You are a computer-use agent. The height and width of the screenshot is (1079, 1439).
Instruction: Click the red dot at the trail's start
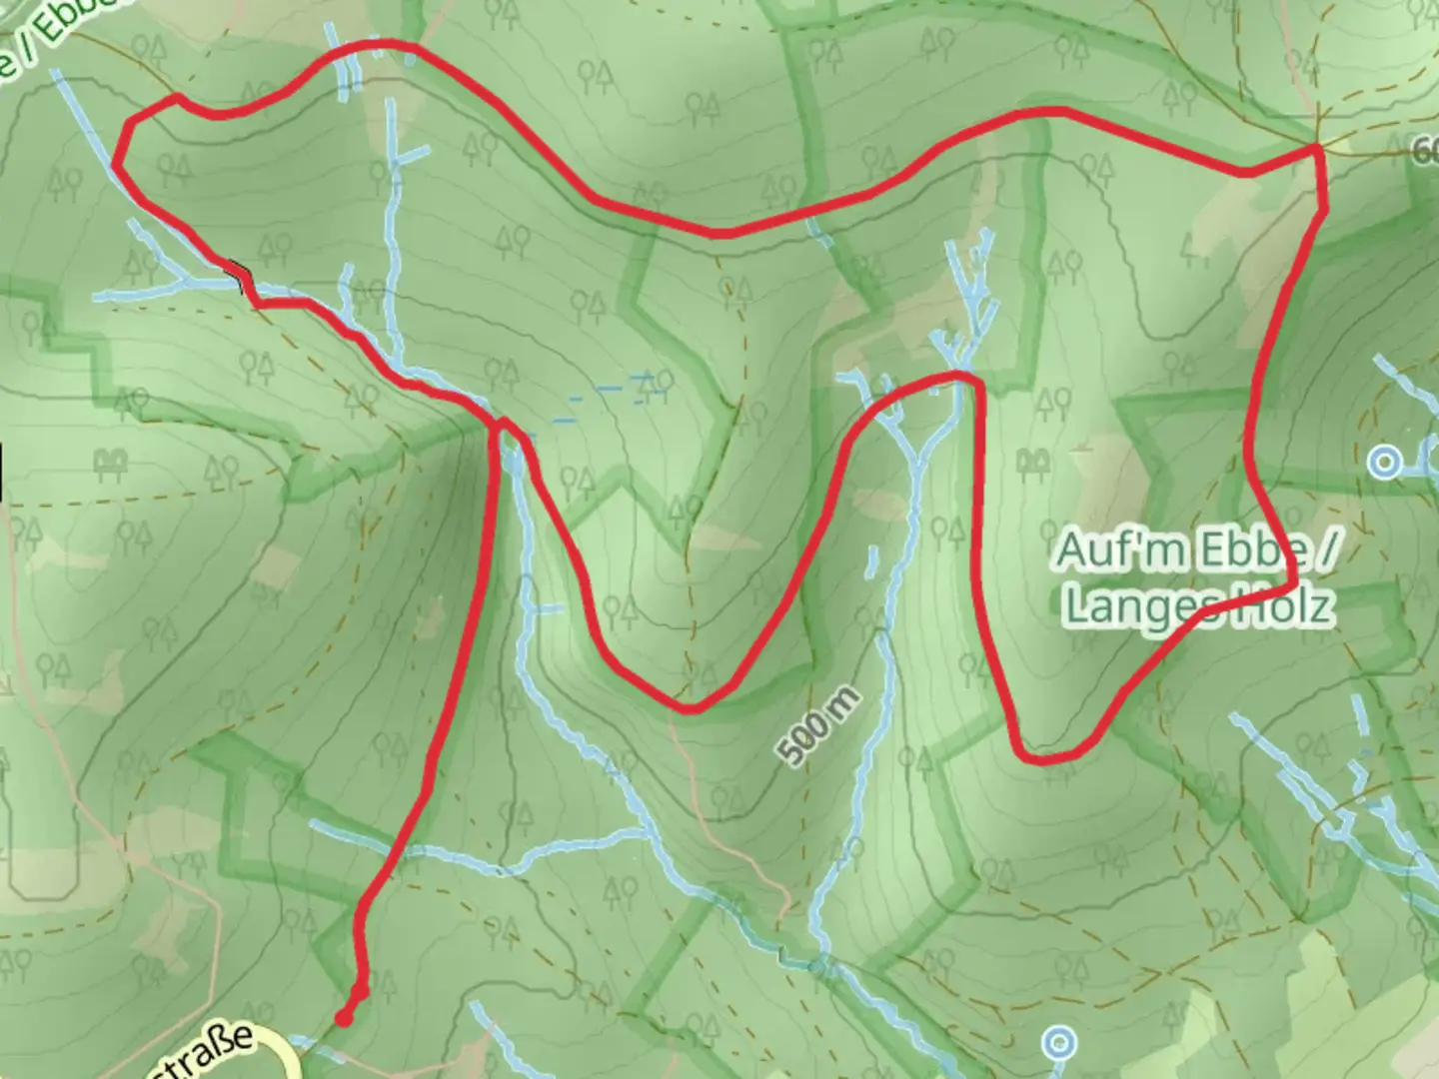[x=344, y=1018]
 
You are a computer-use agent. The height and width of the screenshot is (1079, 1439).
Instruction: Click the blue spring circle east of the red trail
[x=1385, y=463]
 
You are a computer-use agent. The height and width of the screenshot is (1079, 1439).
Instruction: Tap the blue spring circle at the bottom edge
[x=1059, y=1044]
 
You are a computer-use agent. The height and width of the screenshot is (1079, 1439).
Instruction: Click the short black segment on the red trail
[x=239, y=275]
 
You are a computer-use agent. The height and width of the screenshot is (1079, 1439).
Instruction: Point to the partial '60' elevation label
[x=1426, y=151]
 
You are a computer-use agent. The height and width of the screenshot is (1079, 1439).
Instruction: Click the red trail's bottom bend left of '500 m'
[x=690, y=708]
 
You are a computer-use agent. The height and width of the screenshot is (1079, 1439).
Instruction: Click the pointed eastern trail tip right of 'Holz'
[x=1295, y=581]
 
